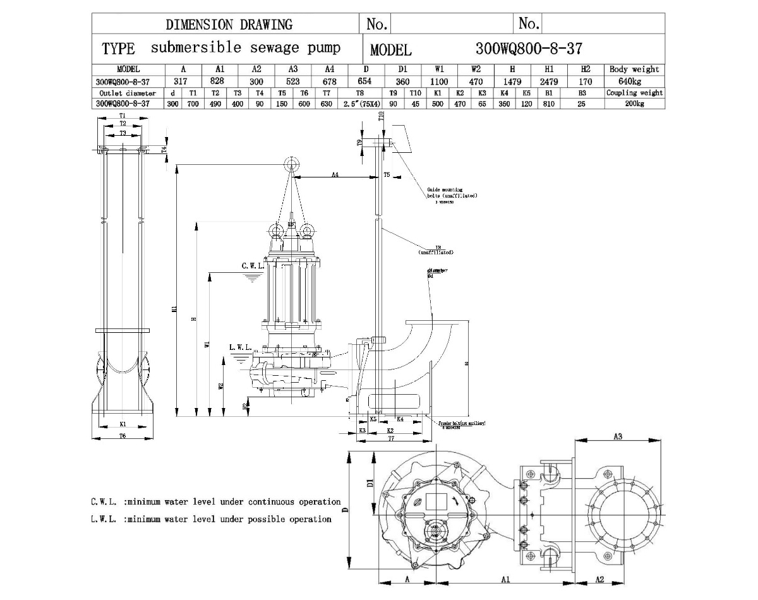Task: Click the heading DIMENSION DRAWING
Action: [229, 25]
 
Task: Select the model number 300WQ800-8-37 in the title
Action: [528, 49]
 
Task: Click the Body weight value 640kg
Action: [634, 81]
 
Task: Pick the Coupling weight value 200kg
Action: [634, 104]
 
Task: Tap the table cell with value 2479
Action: [549, 81]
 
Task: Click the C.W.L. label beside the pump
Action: [253, 266]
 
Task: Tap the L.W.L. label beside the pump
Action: [241, 347]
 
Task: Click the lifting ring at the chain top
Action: [291, 164]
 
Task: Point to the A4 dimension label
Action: [336, 175]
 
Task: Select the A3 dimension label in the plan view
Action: [618, 436]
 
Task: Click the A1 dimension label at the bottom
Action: [505, 579]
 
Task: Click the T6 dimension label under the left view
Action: [123, 436]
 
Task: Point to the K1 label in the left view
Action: [123, 424]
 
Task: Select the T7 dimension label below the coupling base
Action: [391, 438]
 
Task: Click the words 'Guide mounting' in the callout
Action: [445, 189]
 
